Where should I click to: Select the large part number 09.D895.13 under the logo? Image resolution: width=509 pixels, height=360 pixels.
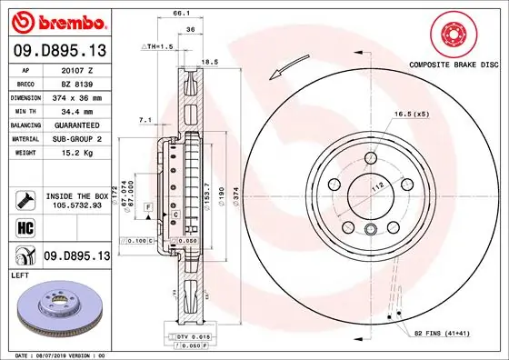click(59, 52)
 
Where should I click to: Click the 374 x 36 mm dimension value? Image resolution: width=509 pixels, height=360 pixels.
click(76, 96)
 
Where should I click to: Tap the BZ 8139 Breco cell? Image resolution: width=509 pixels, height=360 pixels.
click(76, 83)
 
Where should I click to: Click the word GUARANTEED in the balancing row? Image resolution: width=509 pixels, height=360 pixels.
click(76, 124)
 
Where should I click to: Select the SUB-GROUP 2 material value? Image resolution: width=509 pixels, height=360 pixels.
click(76, 138)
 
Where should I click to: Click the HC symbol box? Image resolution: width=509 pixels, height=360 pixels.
click(25, 225)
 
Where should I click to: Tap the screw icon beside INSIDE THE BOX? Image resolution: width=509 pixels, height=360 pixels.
click(25, 199)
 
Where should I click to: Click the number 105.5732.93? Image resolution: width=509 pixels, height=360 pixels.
click(76, 205)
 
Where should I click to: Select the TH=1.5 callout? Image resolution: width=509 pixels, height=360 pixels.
click(158, 45)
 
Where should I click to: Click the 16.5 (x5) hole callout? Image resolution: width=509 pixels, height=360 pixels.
click(411, 114)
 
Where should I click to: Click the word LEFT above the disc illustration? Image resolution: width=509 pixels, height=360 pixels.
click(20, 274)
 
